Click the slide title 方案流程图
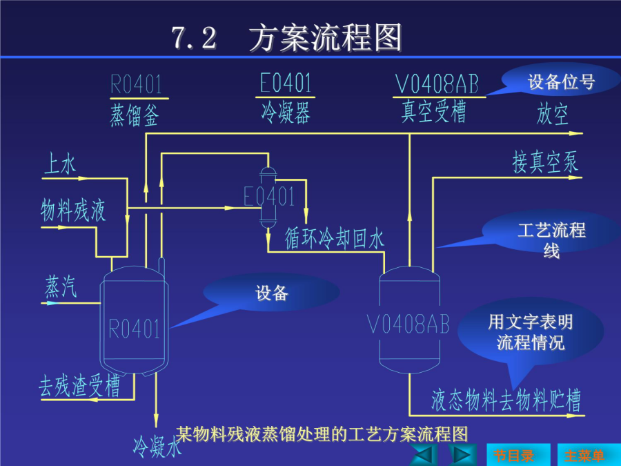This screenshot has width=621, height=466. click(326, 38)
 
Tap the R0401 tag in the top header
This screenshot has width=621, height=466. click(136, 84)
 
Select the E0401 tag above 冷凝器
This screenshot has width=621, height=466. click(285, 83)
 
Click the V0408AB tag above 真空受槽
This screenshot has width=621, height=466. click(437, 84)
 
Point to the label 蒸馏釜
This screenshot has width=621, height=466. click(135, 115)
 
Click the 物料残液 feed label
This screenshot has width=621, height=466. click(73, 211)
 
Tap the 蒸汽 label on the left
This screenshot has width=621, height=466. click(61, 287)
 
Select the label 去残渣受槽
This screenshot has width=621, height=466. click(79, 385)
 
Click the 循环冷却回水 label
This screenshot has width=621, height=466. click(335, 239)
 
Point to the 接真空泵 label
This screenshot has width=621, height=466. click(545, 162)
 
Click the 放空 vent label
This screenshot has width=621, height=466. click(553, 114)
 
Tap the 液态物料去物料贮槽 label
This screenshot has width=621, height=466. click(506, 400)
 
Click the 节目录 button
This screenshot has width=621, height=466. click(518, 455)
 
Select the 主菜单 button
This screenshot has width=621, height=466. click(589, 455)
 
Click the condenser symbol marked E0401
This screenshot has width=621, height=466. click(268, 197)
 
